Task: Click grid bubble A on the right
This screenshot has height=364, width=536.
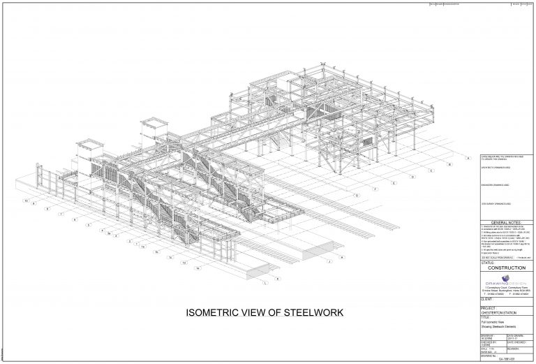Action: pos(450,165)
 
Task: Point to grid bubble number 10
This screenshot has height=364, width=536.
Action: pos(27,201)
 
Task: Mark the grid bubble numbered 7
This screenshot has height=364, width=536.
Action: pos(62,214)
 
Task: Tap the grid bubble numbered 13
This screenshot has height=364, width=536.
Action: pos(183,263)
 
